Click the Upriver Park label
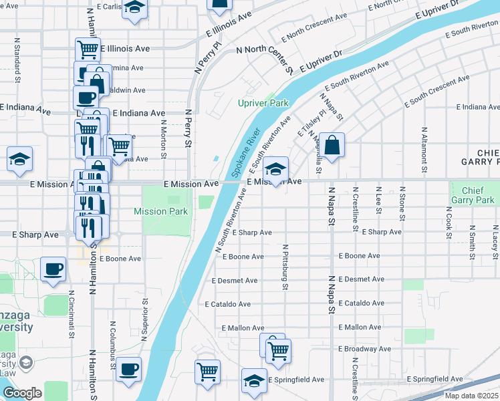coord(263,104)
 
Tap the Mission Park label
coord(161,212)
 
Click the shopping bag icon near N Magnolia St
coord(332,144)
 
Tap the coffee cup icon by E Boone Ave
coord(53,269)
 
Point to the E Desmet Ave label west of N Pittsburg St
coord(232,281)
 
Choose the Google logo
coord(22,393)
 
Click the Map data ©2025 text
coord(472,396)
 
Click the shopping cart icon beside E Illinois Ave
coord(87,49)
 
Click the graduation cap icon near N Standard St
coord(19,159)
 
